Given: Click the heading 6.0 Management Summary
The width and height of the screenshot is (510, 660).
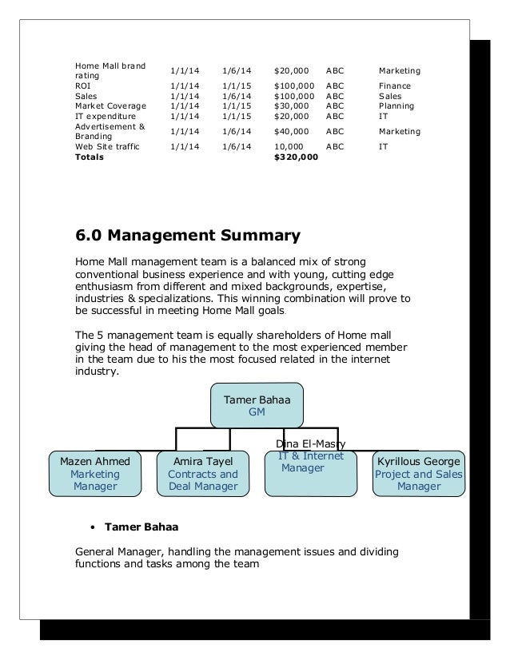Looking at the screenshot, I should tap(187, 236).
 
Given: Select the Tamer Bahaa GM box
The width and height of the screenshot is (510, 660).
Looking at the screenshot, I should tap(257, 406).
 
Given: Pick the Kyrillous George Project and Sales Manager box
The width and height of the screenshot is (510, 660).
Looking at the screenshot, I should tap(418, 474).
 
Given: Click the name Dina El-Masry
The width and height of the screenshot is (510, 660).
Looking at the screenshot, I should tap(310, 443).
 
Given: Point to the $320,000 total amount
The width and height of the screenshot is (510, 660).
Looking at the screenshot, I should tap(295, 158).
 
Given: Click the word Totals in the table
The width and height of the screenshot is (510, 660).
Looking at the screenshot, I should tap(89, 158).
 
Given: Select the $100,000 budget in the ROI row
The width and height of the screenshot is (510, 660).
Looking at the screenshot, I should tap(294, 86).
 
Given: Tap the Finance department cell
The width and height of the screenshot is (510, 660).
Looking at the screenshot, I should tap(395, 86).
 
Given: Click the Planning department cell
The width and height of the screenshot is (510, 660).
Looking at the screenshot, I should tap(396, 105).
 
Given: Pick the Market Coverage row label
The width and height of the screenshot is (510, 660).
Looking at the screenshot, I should tap(110, 105).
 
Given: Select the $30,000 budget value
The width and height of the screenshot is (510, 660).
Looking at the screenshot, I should tap(291, 105).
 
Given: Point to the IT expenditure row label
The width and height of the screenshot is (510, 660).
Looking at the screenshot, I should tap(106, 115).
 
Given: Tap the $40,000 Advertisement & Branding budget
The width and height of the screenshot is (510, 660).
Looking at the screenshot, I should tap(291, 131).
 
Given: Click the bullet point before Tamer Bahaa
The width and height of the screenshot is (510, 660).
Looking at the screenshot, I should tap(94, 528).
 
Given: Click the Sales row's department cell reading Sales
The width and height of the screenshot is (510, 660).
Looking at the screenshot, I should tap(391, 96).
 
